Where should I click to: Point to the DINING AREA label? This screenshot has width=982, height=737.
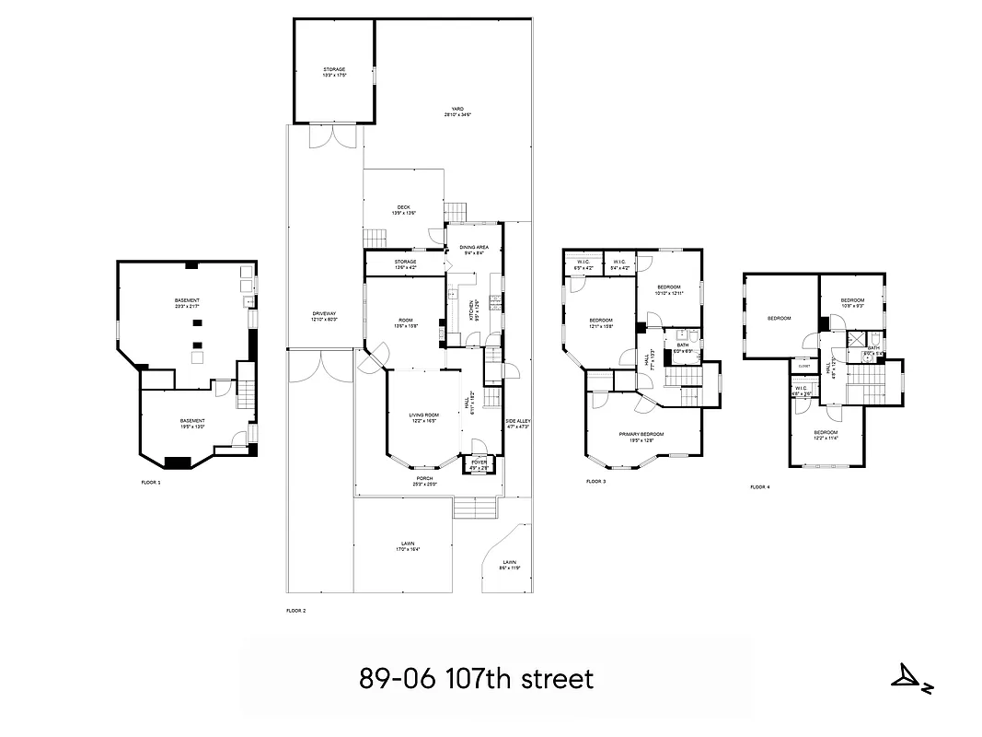coord(474,250)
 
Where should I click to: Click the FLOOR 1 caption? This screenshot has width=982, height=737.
coord(151,482)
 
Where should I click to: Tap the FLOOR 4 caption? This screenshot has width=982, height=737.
coord(759,486)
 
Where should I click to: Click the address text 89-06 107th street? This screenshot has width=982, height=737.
coord(477,680)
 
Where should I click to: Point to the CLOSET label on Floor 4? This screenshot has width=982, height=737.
coord(803,366)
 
